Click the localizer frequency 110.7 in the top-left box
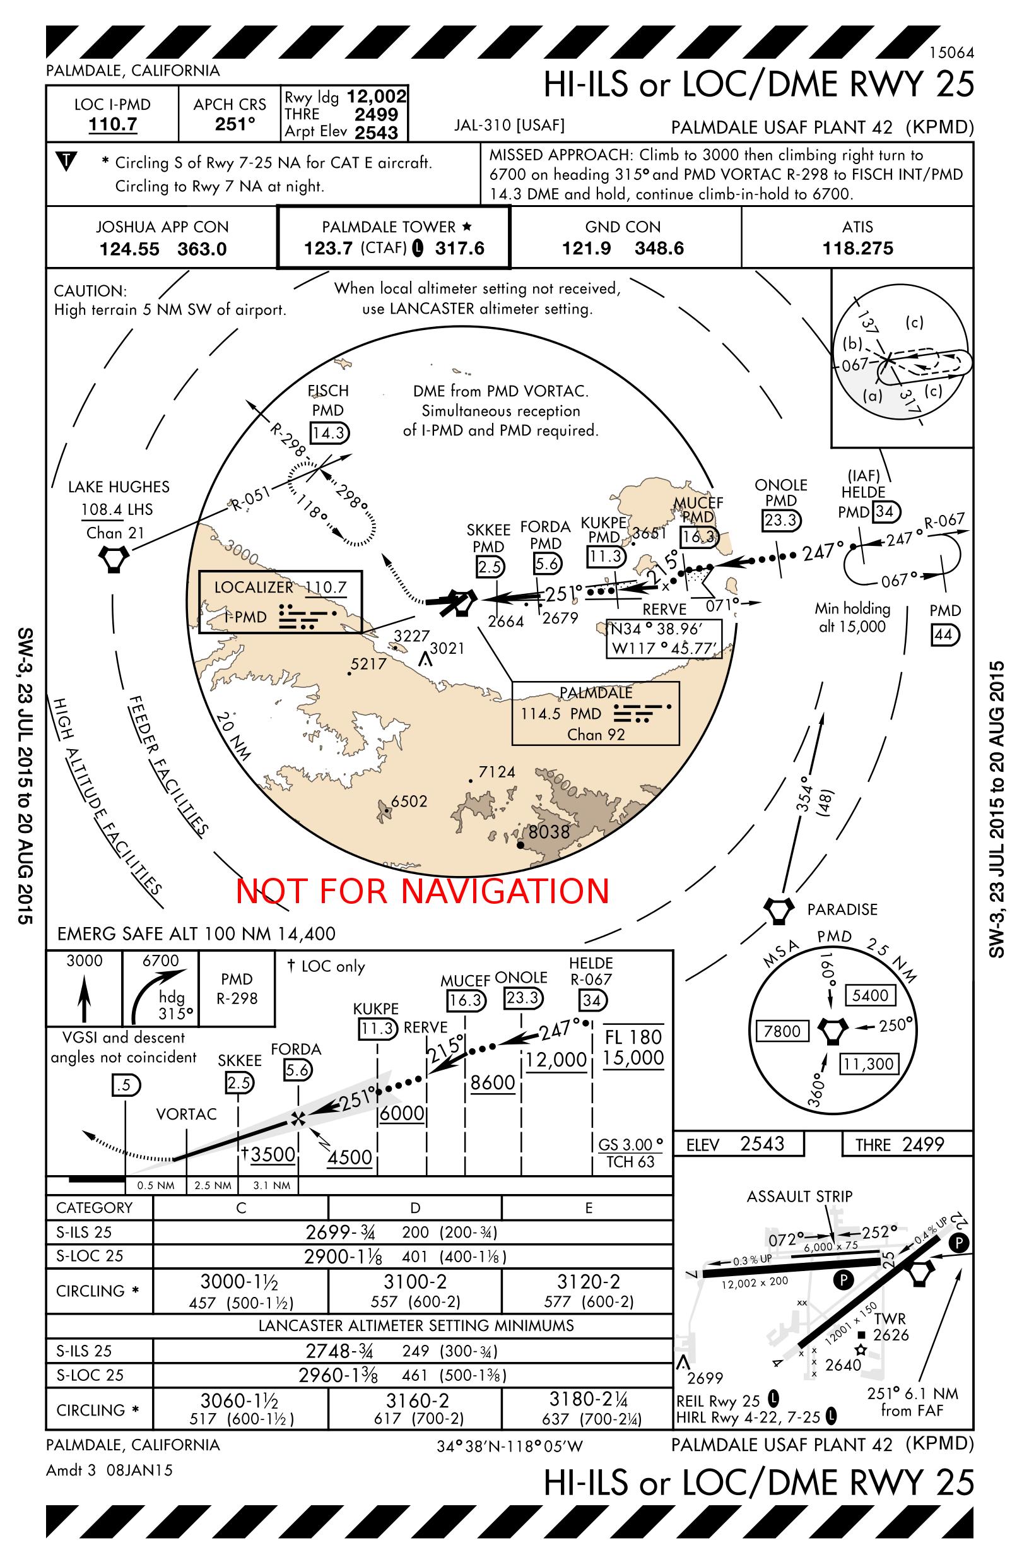coord(113,124)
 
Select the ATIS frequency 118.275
coord(857,249)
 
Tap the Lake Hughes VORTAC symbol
coord(114,560)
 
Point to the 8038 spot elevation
coord(548,832)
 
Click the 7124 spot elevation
coord(496,772)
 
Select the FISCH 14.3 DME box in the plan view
coord(329,433)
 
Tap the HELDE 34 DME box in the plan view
coord(885,511)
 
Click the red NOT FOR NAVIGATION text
coord(423,890)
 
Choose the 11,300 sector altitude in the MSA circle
coord(869,1063)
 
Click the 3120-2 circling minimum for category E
coord(588,1281)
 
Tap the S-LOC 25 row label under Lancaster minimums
coord(90,1375)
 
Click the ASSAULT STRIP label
coord(799,1197)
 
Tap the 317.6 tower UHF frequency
coord(459,249)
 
